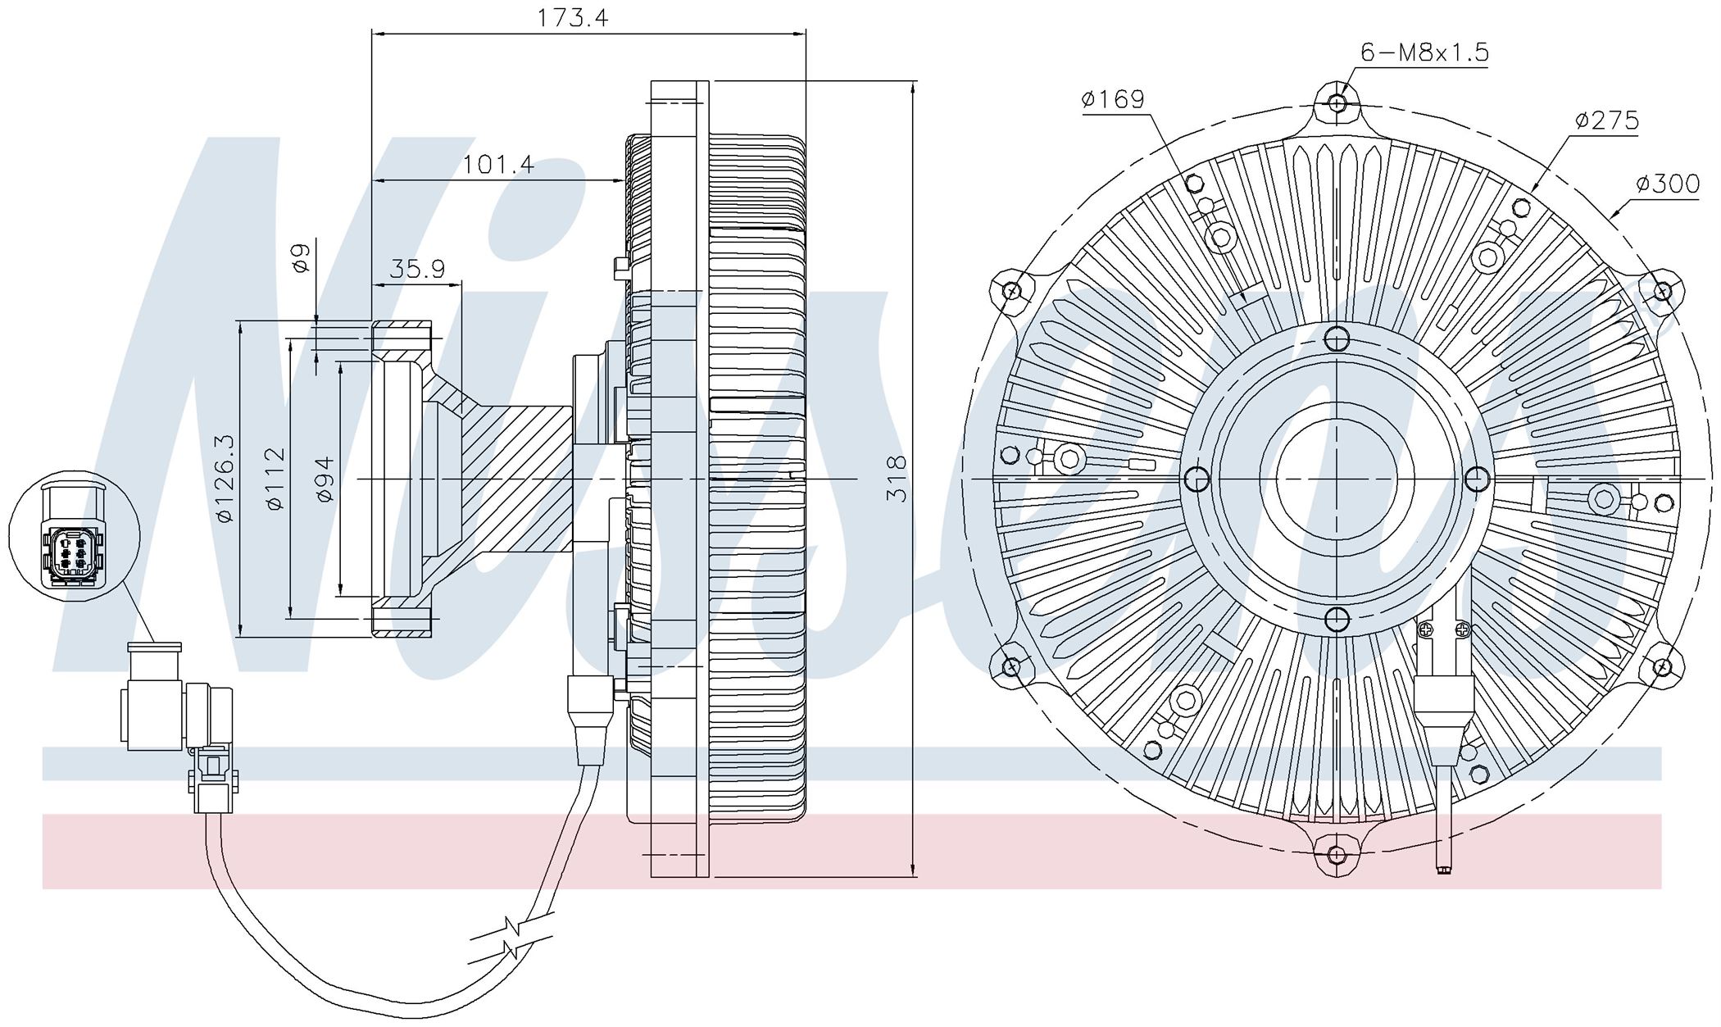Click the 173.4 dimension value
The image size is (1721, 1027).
click(x=572, y=18)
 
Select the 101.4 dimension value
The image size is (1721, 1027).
click(x=498, y=165)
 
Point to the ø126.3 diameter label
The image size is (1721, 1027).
click(x=225, y=479)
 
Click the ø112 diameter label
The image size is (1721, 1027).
click(x=275, y=479)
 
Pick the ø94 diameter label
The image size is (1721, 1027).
click(x=325, y=479)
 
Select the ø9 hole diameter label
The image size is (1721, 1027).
click(x=300, y=257)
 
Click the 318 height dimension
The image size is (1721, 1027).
click(x=898, y=479)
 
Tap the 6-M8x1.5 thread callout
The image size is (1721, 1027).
click(x=1424, y=52)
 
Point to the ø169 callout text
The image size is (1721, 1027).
click(x=1112, y=100)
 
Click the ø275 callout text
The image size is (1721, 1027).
click(x=1606, y=121)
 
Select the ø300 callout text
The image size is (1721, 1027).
click(x=1668, y=184)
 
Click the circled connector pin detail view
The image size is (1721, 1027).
click(x=75, y=537)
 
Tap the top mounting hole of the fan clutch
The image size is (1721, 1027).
click(x=1337, y=104)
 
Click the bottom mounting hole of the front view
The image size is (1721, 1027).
click(x=1337, y=855)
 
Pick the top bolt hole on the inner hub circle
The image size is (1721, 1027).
click(x=1337, y=339)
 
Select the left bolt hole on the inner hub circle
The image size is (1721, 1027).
click(x=1197, y=479)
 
